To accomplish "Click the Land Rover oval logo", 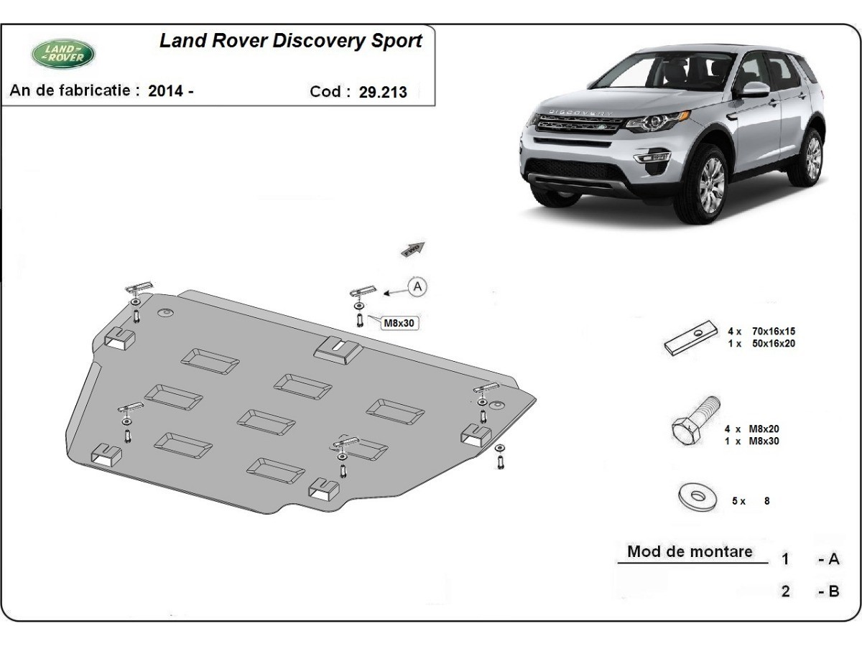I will (x=63, y=53).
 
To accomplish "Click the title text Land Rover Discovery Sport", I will (x=290, y=40).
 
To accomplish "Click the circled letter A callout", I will (x=417, y=287).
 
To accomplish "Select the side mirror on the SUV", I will (x=754, y=90).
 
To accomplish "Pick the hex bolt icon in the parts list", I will (x=695, y=422).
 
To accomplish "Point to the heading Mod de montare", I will (x=690, y=551).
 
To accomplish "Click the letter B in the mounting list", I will (x=833, y=591).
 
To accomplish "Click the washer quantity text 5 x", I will (x=738, y=502).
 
